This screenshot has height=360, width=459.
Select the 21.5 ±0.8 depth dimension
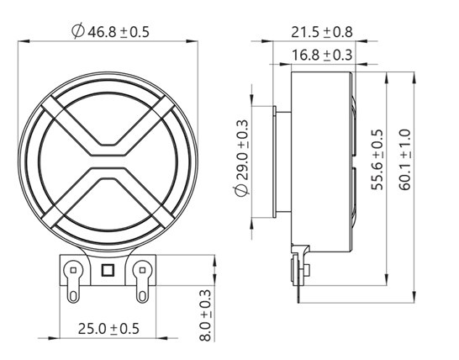[321, 32]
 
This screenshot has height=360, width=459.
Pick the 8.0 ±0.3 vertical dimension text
[203, 315]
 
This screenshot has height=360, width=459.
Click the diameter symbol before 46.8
[78, 31]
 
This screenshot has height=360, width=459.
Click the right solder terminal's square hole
[142, 270]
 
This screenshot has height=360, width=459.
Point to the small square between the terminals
[108, 271]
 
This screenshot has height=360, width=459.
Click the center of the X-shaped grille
[108, 156]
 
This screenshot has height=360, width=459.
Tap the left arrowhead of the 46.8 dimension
[21, 40]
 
